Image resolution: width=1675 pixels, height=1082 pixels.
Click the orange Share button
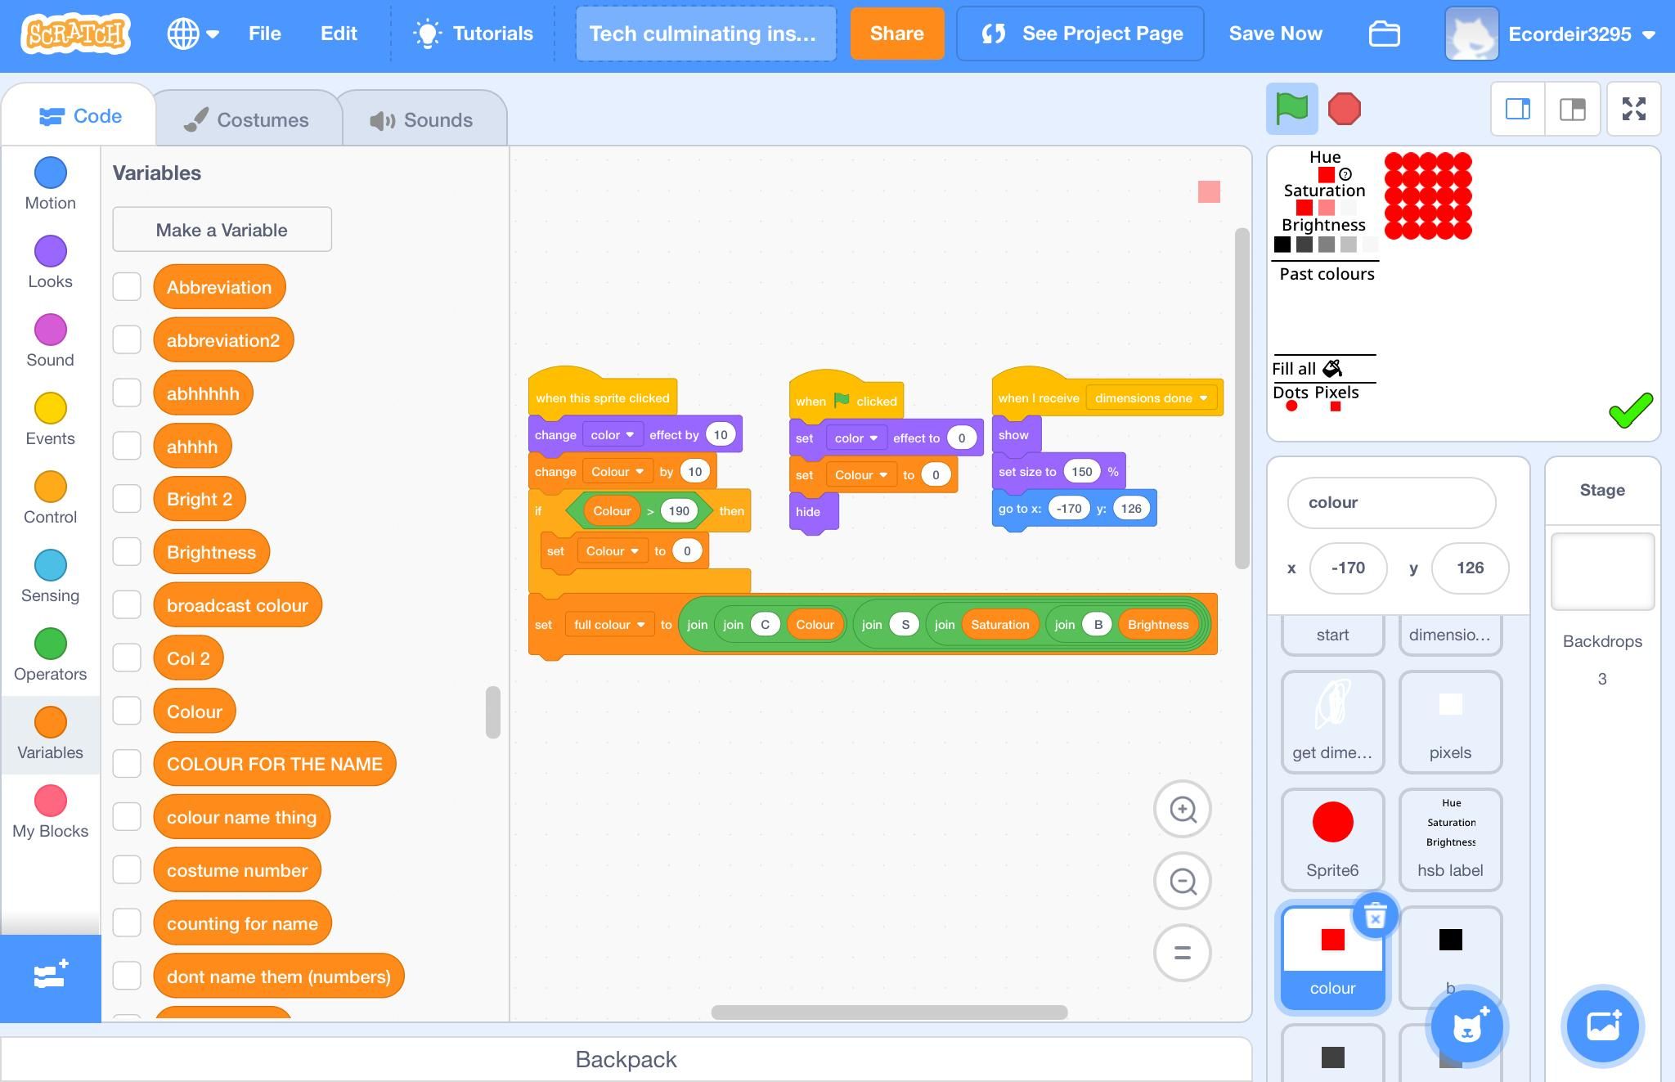[896, 34]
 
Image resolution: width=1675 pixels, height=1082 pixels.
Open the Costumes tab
[247, 120]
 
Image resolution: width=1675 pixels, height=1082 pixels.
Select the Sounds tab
[421, 120]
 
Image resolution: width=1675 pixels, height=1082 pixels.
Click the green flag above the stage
[1291, 109]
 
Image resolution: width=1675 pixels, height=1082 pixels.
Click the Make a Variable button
[222, 230]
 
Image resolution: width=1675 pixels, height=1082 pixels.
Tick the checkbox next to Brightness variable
[127, 552]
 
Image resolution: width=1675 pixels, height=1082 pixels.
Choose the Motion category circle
[51, 173]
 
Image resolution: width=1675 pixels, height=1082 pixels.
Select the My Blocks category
[51, 801]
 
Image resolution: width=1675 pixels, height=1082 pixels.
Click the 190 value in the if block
[678, 511]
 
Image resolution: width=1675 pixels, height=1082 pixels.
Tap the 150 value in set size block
[1081, 472]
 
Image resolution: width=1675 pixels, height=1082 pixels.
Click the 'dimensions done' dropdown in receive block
[1151, 398]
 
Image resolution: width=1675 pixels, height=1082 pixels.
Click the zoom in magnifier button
[1182, 810]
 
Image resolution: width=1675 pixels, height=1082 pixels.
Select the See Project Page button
[1080, 34]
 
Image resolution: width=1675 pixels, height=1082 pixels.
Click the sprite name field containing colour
[1390, 503]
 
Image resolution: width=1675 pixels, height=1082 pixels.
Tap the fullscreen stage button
[1633, 109]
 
